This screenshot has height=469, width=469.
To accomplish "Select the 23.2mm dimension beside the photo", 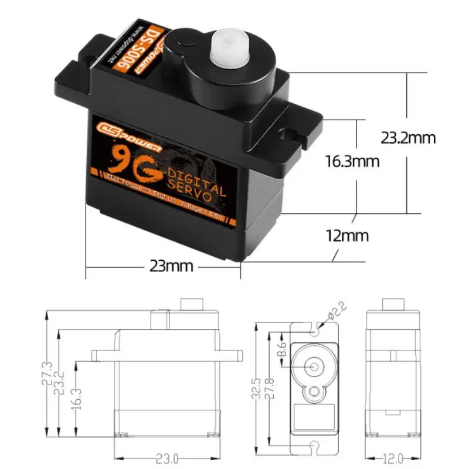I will pyautogui.click(x=408, y=138).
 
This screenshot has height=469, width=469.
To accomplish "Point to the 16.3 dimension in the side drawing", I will pyautogui.click(x=76, y=399).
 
